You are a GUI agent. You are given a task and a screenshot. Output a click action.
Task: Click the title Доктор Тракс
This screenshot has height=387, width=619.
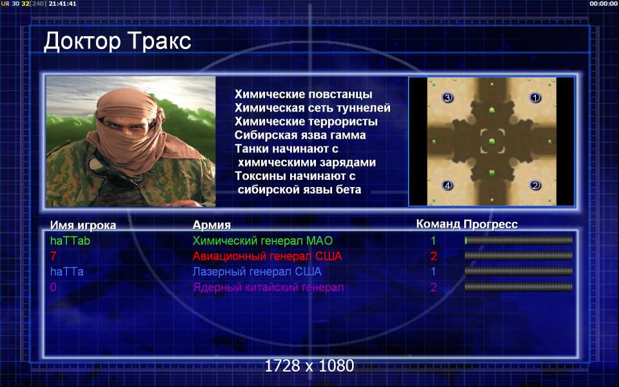point(117,41)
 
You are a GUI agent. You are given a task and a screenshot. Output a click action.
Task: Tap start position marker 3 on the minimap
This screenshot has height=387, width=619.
point(447,97)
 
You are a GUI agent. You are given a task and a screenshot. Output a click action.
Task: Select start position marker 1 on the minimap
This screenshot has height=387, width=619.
point(535,97)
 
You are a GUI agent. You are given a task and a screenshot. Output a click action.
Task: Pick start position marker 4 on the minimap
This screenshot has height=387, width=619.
point(447,185)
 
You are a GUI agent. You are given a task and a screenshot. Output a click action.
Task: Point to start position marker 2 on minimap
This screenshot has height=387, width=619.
point(535,185)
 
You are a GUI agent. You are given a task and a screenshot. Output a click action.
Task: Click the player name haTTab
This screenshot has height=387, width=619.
point(70,241)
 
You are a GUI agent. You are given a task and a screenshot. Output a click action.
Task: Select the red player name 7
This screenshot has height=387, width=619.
point(54,256)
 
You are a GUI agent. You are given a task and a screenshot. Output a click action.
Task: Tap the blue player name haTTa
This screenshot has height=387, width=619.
point(66,272)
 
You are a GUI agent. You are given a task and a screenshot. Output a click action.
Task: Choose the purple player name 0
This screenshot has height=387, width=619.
point(54,287)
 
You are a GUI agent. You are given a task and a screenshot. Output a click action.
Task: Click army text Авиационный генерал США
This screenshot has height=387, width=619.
point(267,256)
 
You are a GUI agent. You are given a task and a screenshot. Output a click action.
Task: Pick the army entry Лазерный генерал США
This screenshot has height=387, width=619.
point(257,272)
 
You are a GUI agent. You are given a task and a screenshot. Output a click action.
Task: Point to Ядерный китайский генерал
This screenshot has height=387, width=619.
point(268,287)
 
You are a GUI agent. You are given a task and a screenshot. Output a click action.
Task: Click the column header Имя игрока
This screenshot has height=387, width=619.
point(83,225)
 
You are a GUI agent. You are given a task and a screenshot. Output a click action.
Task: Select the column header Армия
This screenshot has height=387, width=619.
point(211,225)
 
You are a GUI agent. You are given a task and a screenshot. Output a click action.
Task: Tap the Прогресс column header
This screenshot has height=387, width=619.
point(491,224)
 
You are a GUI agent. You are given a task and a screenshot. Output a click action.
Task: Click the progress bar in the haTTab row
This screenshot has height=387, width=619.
point(518,241)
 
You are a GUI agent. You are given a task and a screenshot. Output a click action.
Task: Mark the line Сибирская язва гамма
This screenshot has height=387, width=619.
point(300,135)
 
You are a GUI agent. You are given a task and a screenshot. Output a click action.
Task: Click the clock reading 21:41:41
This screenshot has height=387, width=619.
point(63,4)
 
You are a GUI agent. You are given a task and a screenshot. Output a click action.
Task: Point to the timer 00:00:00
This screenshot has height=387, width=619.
point(604,4)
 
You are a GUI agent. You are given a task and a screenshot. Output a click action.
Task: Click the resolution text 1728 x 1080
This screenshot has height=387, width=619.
point(309,366)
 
